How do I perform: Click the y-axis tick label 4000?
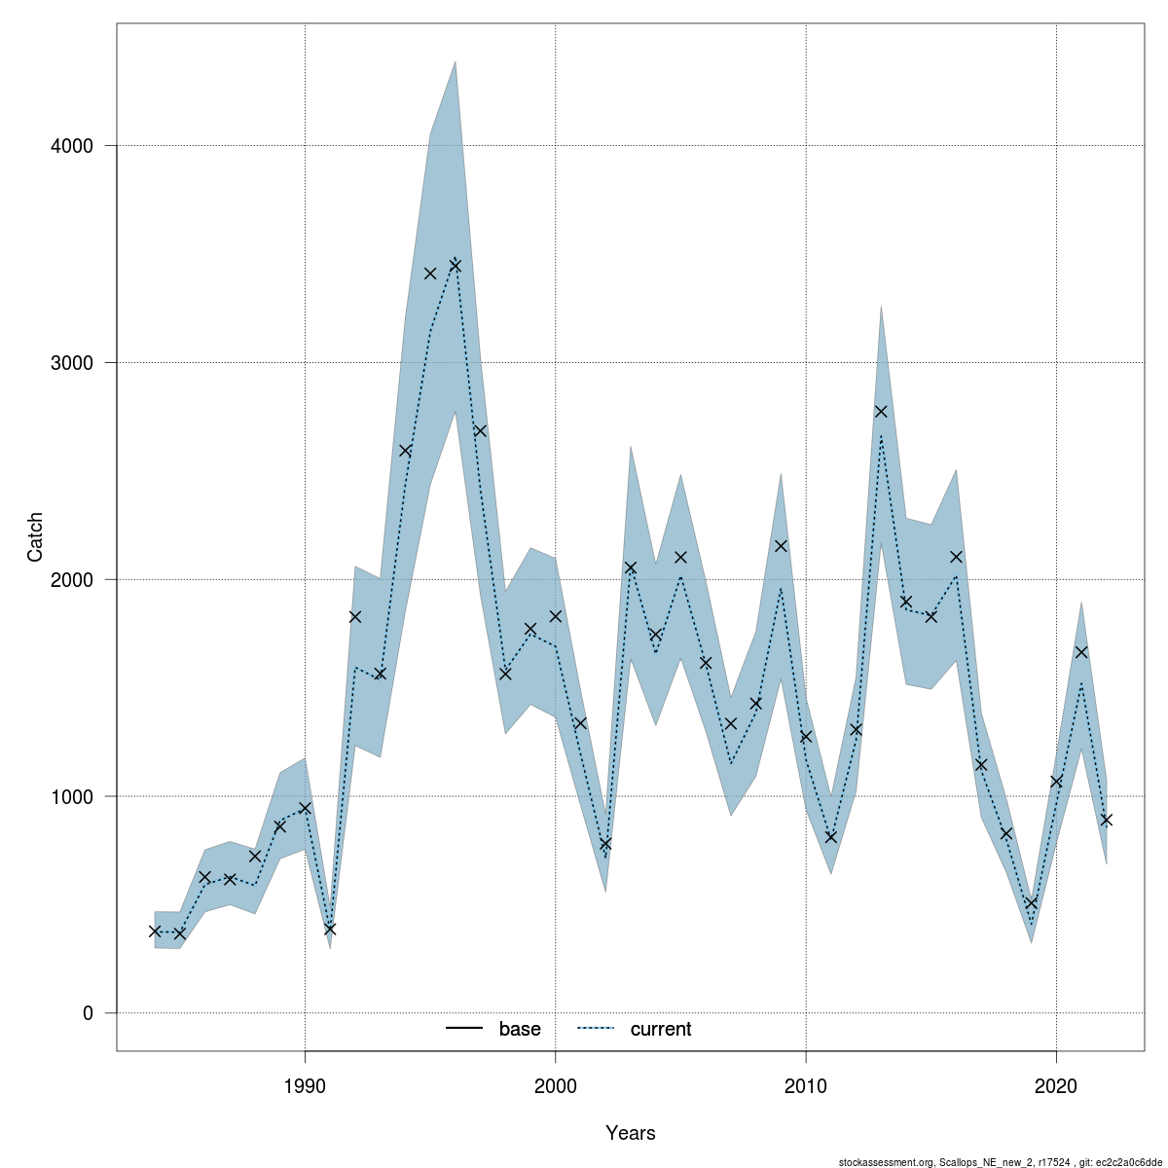(71, 146)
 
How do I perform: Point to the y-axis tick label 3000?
(71, 363)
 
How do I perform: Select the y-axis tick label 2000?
(71, 580)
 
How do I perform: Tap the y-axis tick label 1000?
(71, 796)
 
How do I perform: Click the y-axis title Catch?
(35, 536)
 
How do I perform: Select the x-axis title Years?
(631, 1133)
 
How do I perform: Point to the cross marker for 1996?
(455, 265)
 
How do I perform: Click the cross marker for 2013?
(881, 412)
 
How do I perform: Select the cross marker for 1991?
(330, 929)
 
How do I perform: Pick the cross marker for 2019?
(1031, 903)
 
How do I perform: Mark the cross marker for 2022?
(1106, 820)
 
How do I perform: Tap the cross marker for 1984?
(155, 931)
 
